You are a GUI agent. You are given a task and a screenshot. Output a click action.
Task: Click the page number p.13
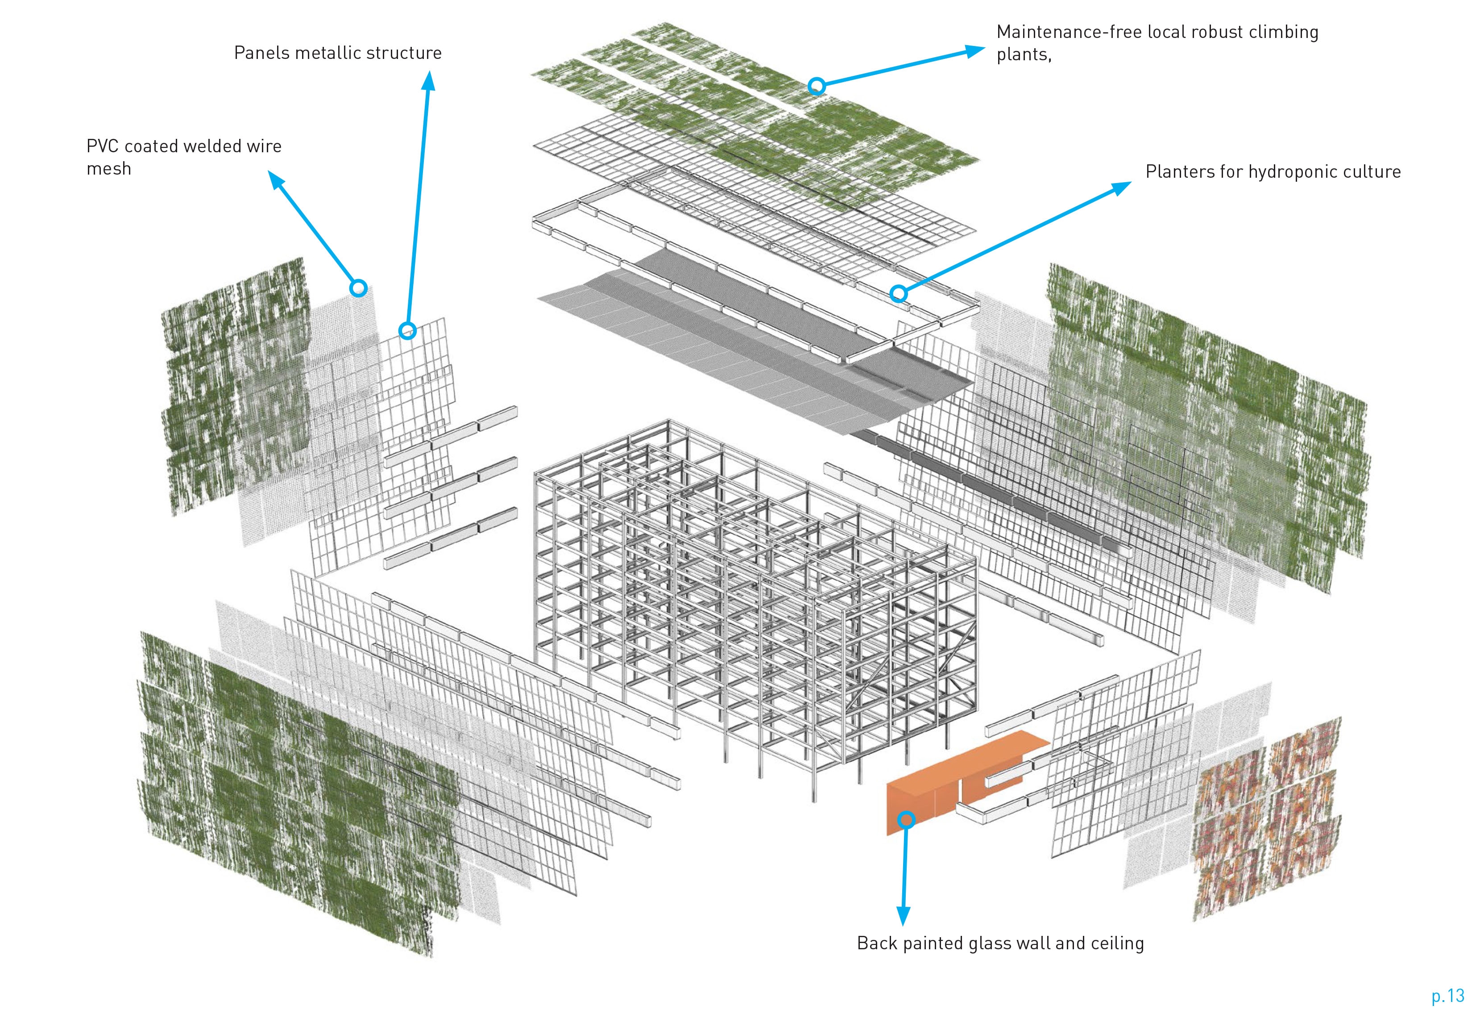click(1447, 995)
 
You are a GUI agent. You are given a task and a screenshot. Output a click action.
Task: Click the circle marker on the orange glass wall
click(906, 819)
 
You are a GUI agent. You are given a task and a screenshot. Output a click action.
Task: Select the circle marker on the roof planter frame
click(898, 293)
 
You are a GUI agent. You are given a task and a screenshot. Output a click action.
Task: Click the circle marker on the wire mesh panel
click(359, 288)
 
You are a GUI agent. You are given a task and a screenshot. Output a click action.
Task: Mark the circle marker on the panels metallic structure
click(407, 330)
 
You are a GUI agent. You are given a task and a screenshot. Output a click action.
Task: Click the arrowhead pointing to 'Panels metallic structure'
click(429, 81)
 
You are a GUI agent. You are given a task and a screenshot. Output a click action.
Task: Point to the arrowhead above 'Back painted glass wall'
click(903, 916)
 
